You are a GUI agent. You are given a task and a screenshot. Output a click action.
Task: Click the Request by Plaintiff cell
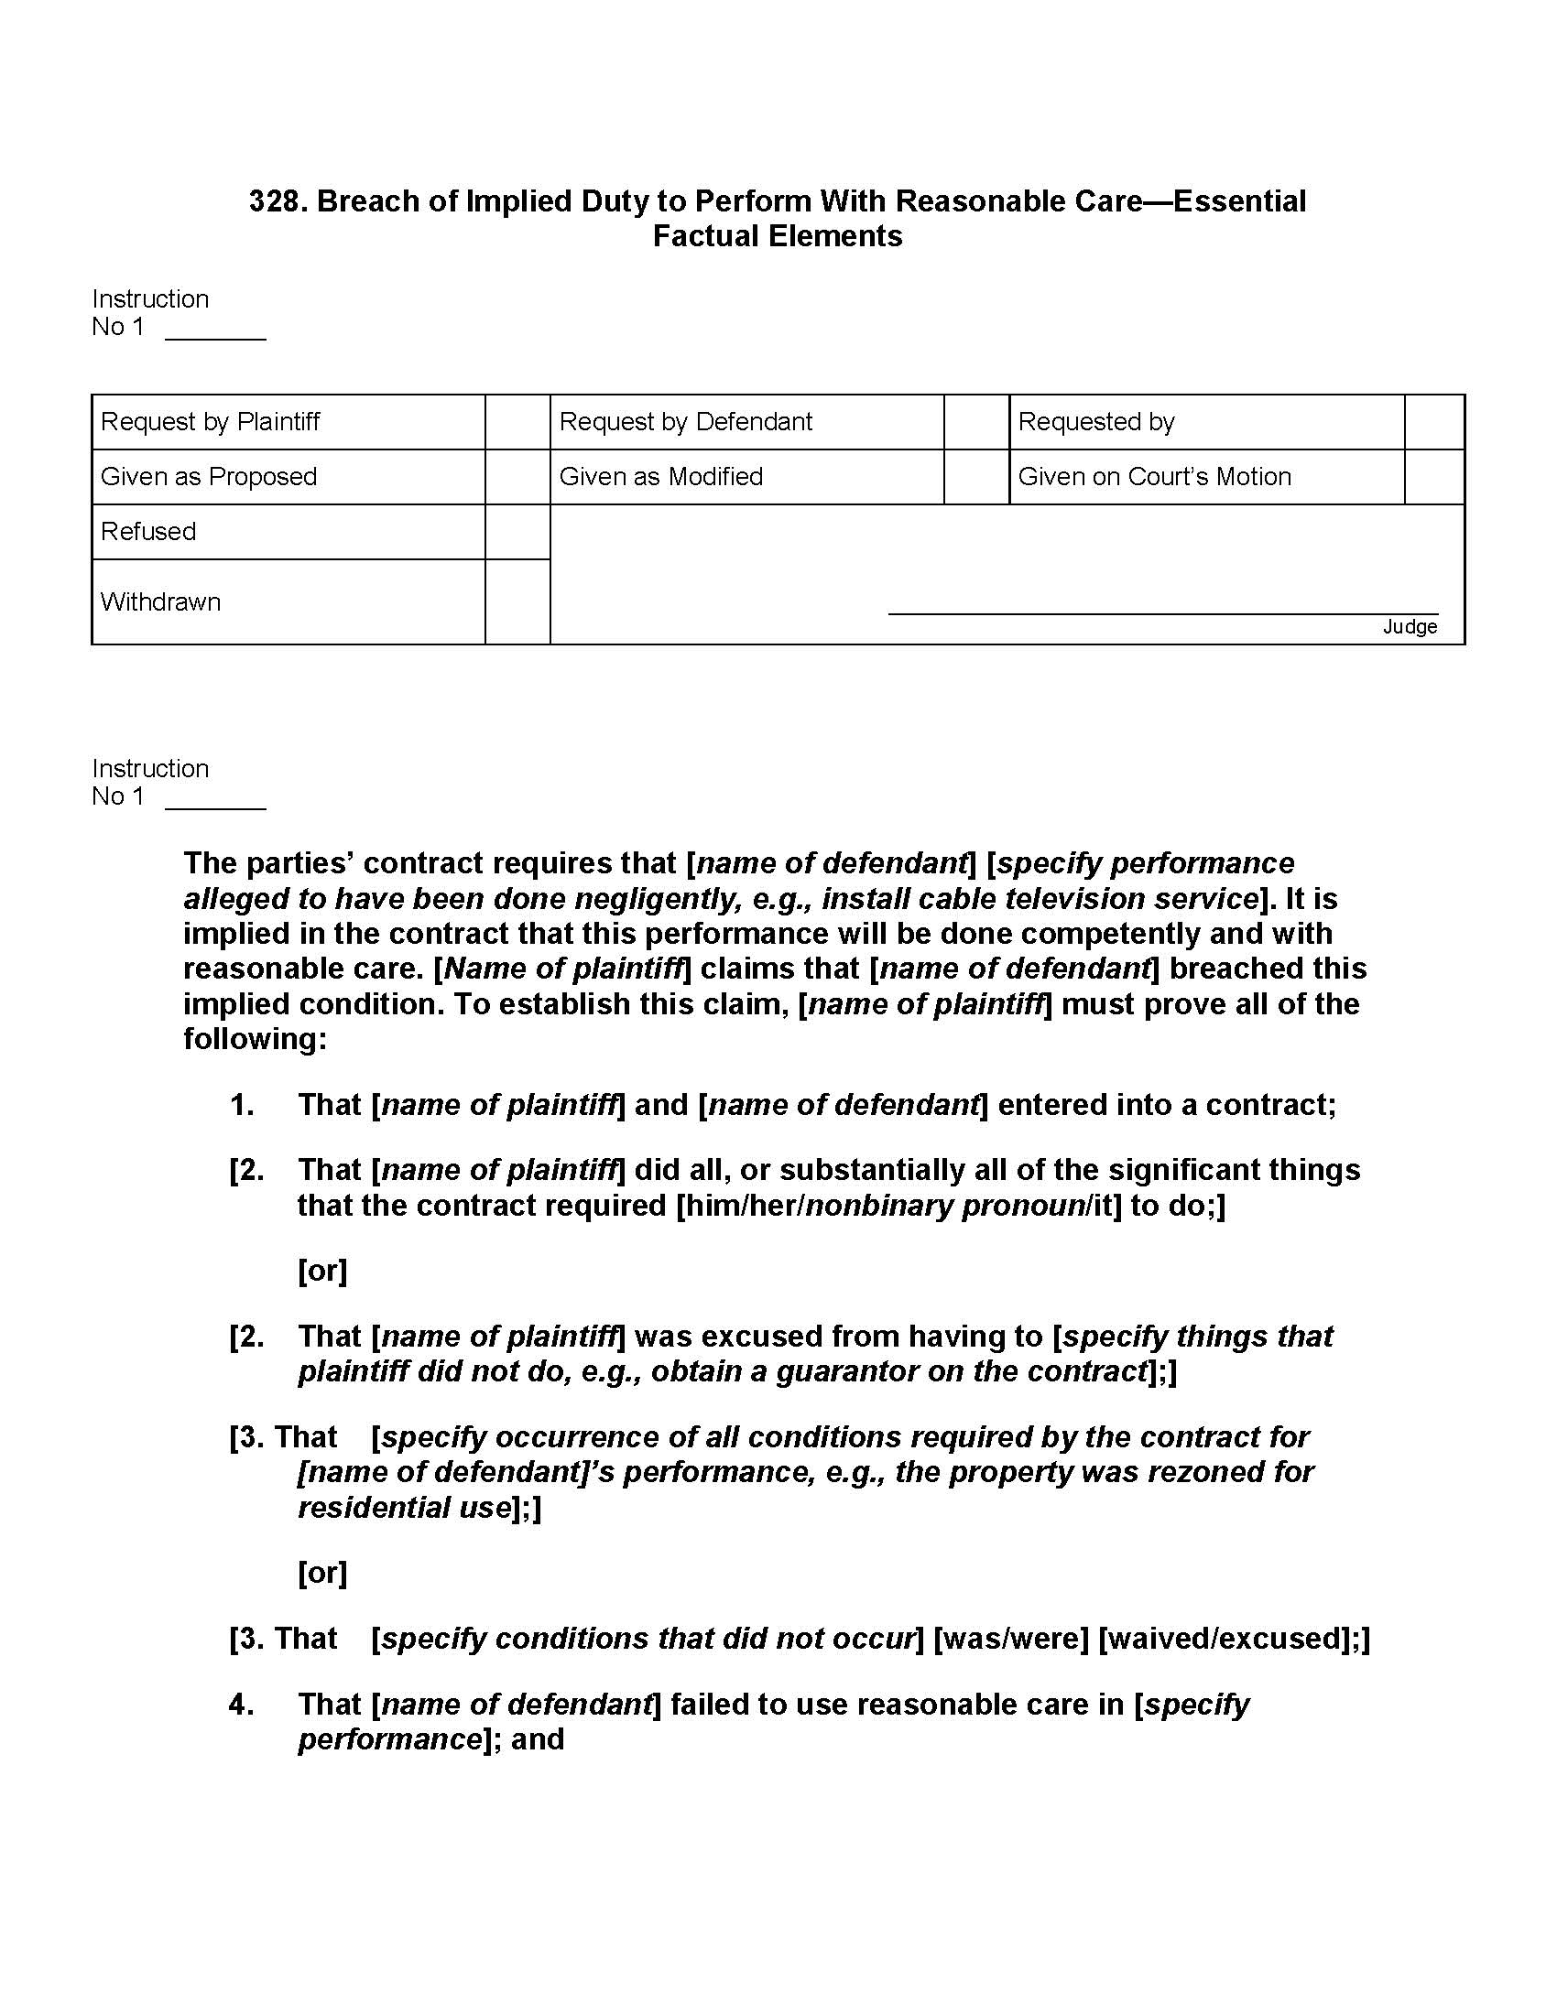pos(211,422)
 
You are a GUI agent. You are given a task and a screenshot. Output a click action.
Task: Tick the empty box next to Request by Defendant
pos(976,422)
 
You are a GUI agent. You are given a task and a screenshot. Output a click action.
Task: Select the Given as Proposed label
pos(209,477)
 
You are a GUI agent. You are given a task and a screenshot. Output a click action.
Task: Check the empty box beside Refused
pos(517,532)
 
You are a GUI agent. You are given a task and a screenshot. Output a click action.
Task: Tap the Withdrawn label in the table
pos(160,602)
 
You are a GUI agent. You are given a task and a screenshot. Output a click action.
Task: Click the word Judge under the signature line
pos(1410,627)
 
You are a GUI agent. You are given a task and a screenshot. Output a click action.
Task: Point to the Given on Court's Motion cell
pos(1154,477)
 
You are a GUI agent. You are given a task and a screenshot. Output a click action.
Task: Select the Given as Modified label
pos(660,477)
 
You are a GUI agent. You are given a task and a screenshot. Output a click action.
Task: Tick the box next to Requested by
pos(1434,422)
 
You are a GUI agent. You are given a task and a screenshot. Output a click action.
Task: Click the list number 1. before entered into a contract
pos(242,1105)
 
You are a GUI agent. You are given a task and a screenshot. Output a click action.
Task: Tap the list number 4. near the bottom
pos(242,1705)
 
